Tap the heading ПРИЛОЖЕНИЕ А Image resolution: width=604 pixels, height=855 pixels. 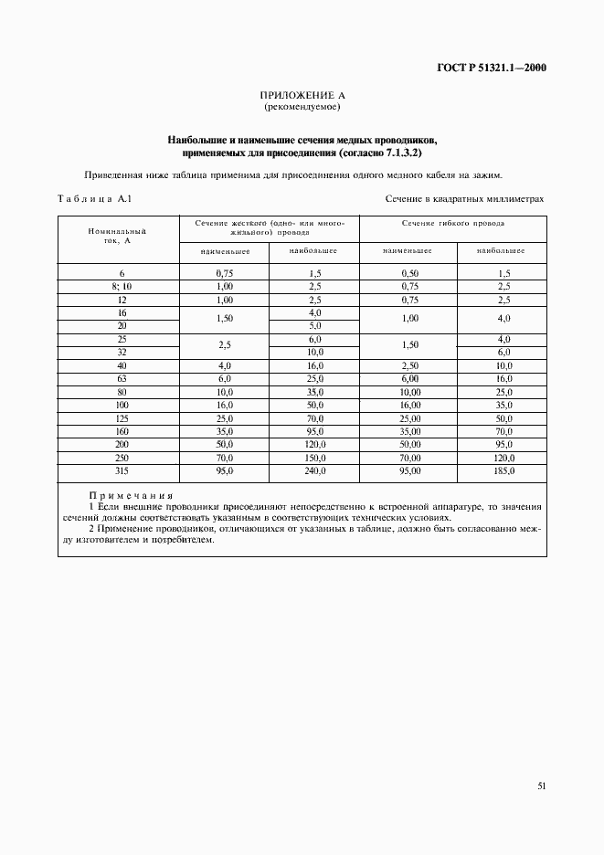(x=302, y=95)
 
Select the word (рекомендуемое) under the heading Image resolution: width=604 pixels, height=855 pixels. (x=302, y=107)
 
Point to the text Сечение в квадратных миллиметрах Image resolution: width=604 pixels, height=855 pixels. (x=464, y=198)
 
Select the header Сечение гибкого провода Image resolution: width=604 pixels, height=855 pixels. (x=452, y=223)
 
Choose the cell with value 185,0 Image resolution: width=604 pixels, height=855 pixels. (x=503, y=471)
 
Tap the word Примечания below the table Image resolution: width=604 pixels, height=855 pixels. (x=131, y=494)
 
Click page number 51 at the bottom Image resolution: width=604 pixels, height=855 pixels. (x=542, y=785)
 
